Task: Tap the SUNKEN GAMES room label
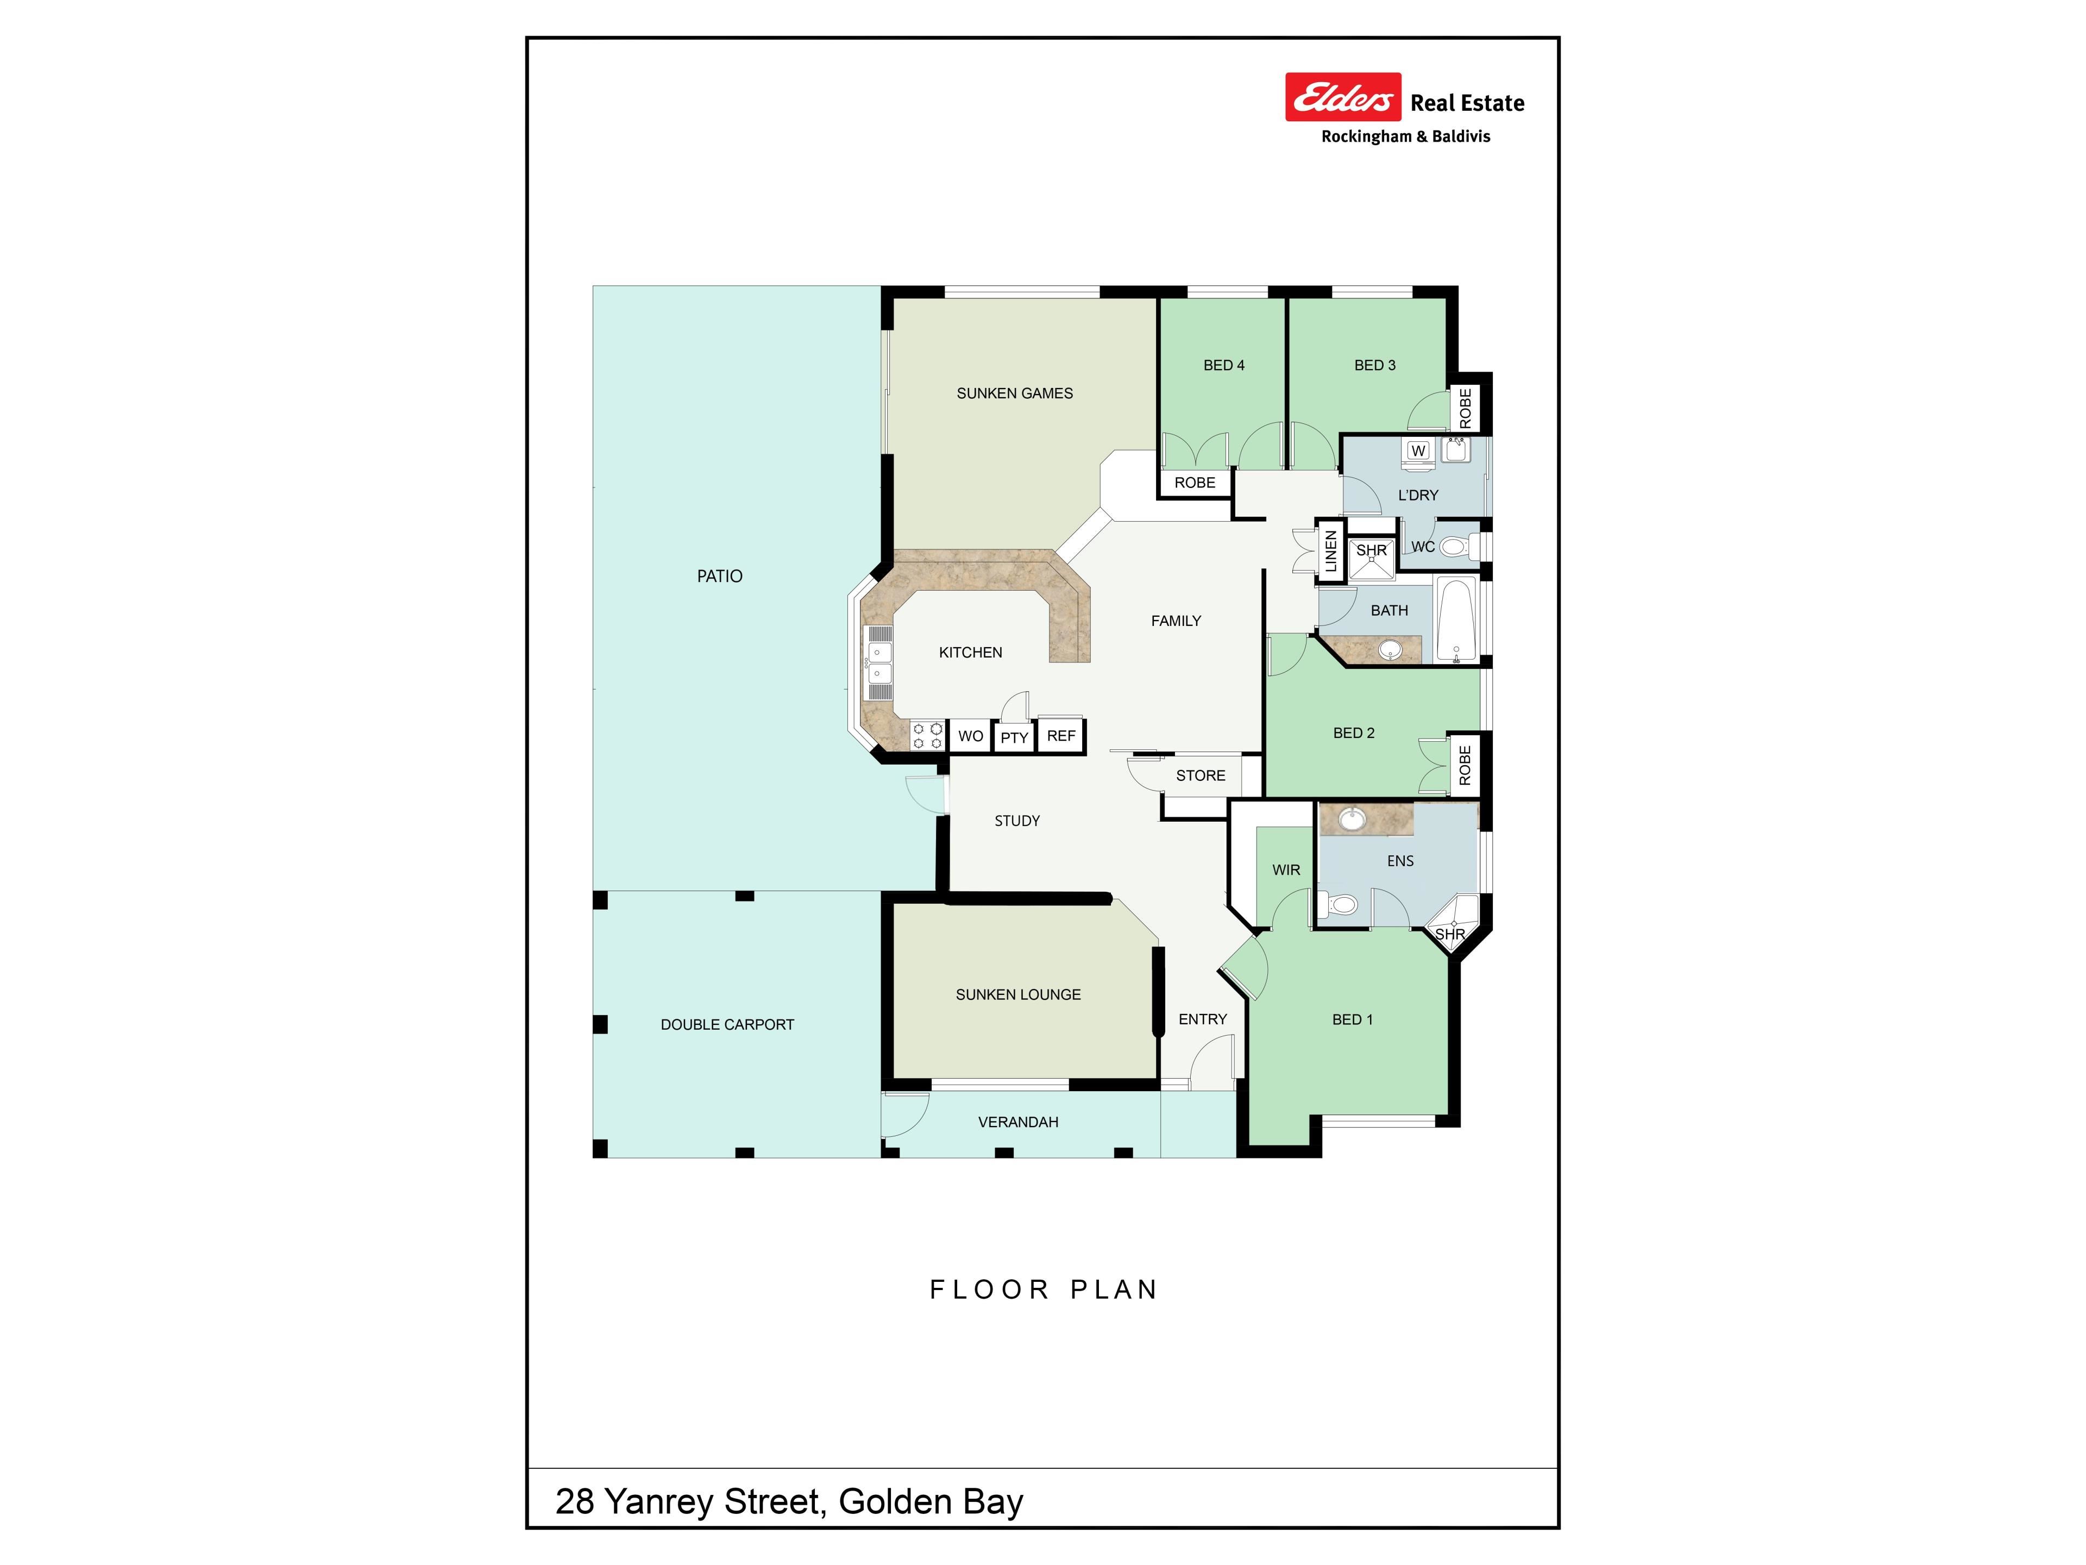click(x=1015, y=393)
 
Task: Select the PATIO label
click(x=720, y=577)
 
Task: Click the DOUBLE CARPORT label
click(x=727, y=1024)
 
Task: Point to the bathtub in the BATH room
click(x=1457, y=620)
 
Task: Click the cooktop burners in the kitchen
click(x=927, y=736)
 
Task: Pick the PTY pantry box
click(x=1015, y=737)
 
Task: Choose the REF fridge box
click(x=1061, y=736)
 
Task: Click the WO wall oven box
click(x=970, y=736)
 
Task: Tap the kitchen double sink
click(x=879, y=661)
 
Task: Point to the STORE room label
click(x=1201, y=775)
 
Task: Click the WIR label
click(x=1286, y=870)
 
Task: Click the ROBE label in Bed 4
click(x=1195, y=483)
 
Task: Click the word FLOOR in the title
click(x=989, y=1289)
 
